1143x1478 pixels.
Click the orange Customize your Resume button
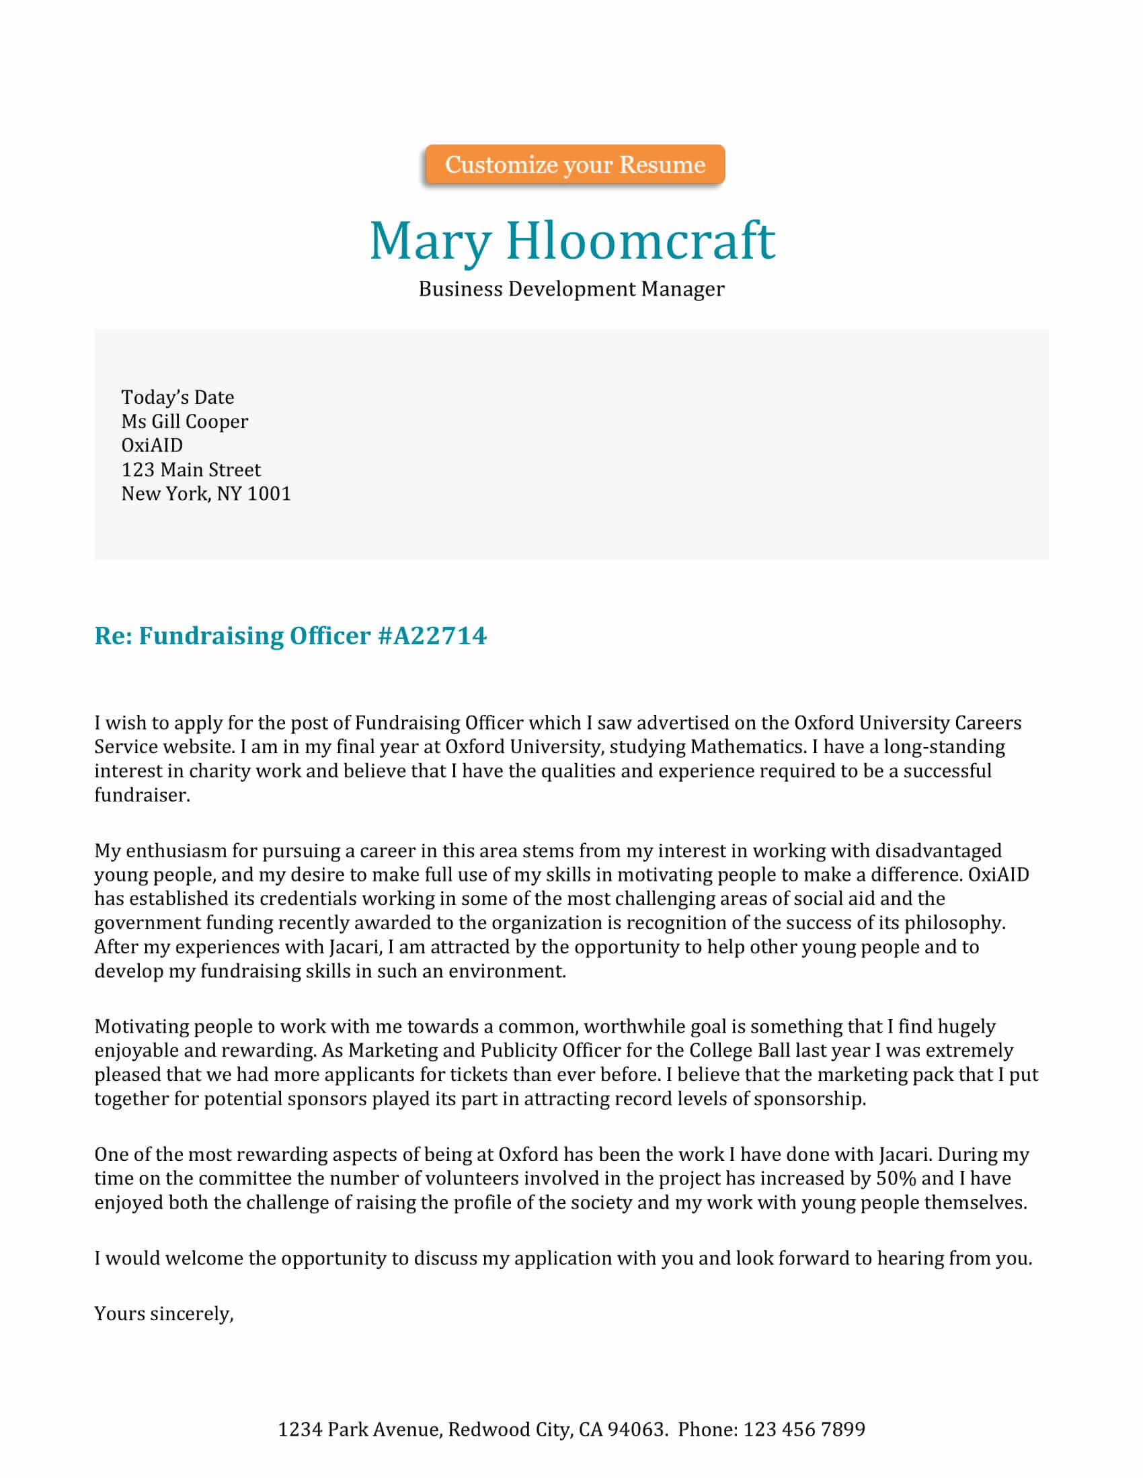point(574,165)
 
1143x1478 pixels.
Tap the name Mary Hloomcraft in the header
point(571,241)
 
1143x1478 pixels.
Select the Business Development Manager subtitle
point(571,289)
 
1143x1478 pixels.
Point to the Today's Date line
point(178,397)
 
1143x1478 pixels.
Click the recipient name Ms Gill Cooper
point(184,422)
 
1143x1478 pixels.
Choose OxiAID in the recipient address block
point(152,445)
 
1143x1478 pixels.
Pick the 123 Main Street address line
point(190,470)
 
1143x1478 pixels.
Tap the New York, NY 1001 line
point(206,494)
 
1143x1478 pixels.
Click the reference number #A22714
point(432,636)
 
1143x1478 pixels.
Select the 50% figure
point(895,1178)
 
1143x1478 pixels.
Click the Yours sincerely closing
point(164,1313)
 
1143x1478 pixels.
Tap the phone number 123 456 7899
point(803,1429)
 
